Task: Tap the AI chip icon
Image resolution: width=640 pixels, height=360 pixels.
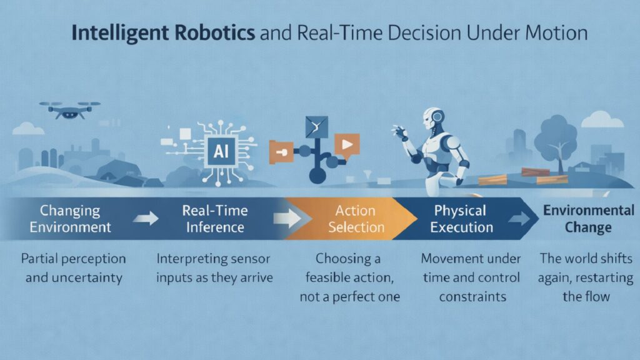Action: coord(221,151)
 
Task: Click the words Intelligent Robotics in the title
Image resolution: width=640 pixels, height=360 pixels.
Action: coord(163,32)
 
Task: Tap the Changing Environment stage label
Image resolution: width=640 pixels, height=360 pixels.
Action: coord(71,218)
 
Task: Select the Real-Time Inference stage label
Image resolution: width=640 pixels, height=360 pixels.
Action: coord(214,218)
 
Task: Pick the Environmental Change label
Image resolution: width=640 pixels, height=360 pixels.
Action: coord(587,218)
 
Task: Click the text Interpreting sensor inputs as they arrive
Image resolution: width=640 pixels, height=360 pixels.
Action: coord(214,267)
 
